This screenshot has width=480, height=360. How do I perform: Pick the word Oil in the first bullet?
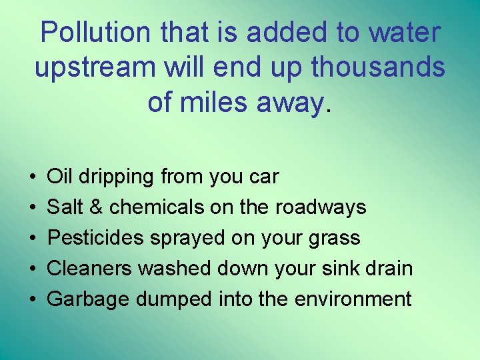(x=60, y=177)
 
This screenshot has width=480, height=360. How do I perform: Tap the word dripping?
(x=117, y=177)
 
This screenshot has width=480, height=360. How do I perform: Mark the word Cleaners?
(x=90, y=269)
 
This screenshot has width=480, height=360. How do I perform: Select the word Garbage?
(x=89, y=299)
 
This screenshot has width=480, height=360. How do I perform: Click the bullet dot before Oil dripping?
(x=33, y=177)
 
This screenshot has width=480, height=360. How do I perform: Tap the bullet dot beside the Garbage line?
(x=33, y=300)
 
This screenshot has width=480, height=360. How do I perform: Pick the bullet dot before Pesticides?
(x=33, y=239)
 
